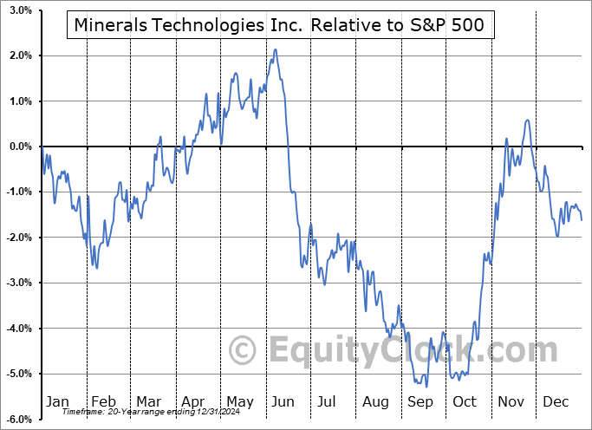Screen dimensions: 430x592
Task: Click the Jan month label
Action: pyautogui.click(x=56, y=402)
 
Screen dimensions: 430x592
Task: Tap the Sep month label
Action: pyautogui.click(x=421, y=402)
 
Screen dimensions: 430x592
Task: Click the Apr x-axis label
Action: pyautogui.click(x=193, y=402)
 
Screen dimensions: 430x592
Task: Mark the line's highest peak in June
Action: pyautogui.click(x=276, y=49)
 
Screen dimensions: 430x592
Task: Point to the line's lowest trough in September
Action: pyautogui.click(x=425, y=388)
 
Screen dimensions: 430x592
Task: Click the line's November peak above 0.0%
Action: pyautogui.click(x=527, y=121)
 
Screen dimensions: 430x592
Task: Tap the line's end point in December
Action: pyautogui.click(x=582, y=220)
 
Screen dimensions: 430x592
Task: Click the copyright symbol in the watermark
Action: pyautogui.click(x=242, y=351)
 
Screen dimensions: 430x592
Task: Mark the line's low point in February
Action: pyautogui.click(x=96, y=268)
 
